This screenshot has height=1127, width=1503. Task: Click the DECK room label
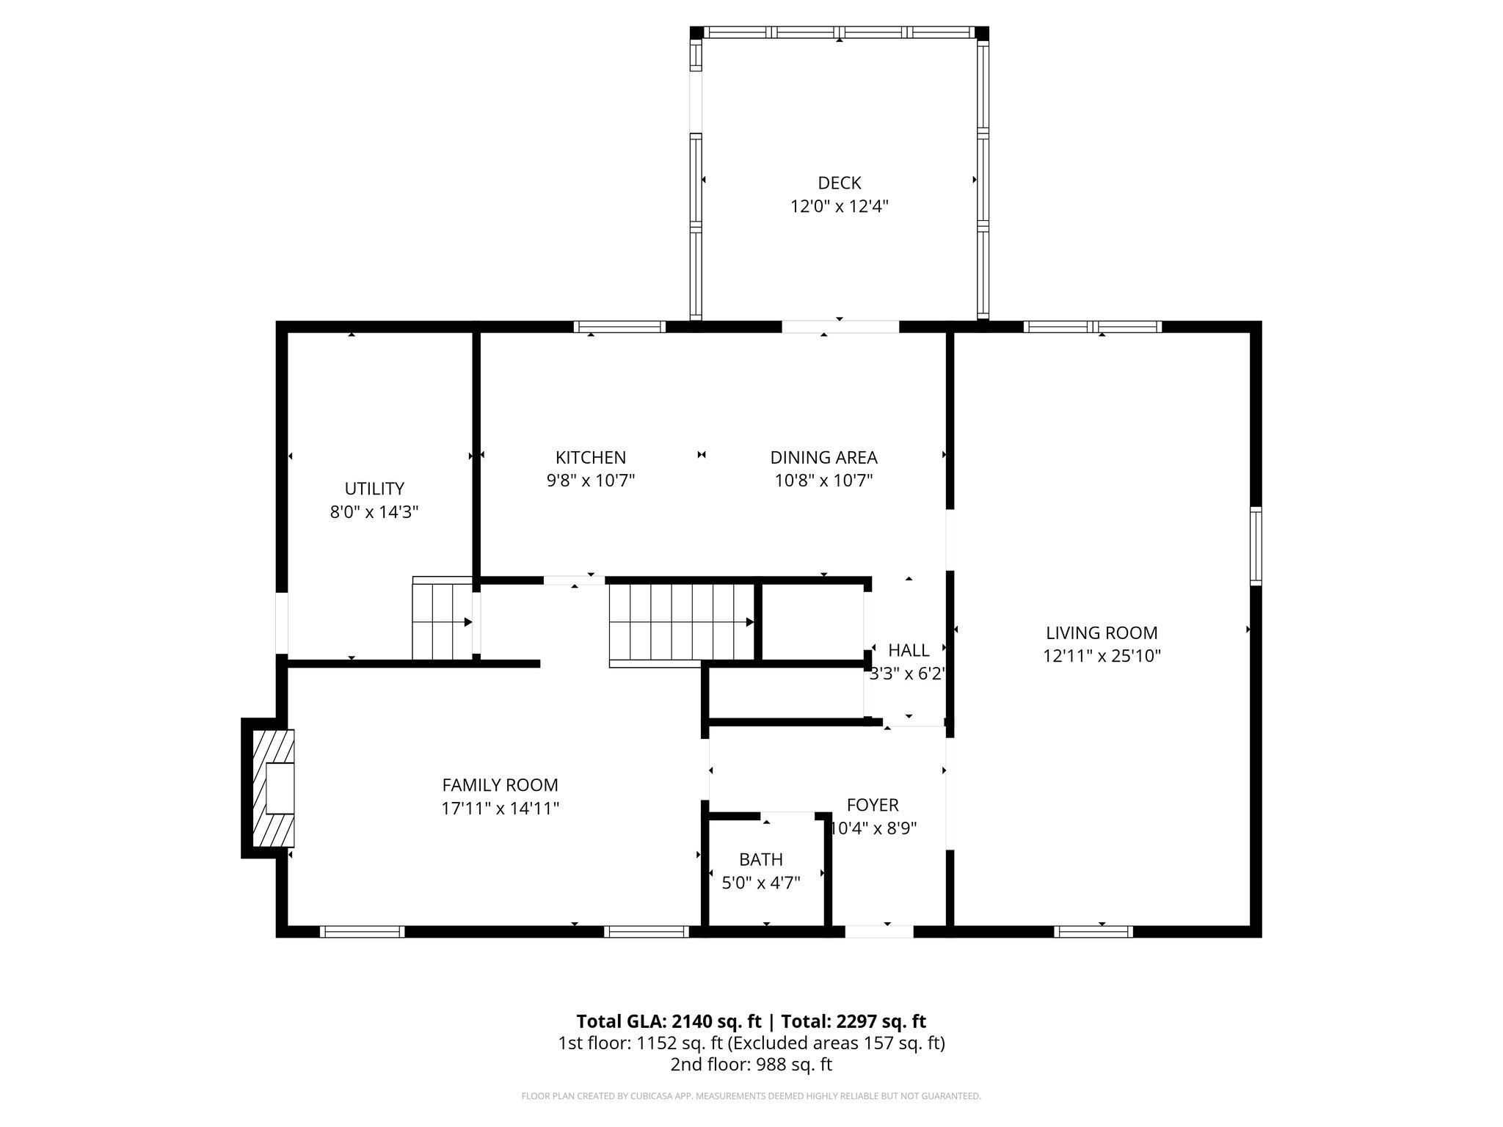point(839,183)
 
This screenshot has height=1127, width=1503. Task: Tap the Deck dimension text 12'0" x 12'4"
point(839,206)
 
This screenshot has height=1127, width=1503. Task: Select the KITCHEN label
point(590,457)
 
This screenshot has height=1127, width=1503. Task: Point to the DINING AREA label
point(823,457)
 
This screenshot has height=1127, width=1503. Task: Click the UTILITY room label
point(374,488)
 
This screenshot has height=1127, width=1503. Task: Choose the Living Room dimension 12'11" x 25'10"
point(1102,656)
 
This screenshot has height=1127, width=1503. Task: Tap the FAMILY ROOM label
point(500,785)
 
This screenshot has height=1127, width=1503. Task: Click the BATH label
point(760,859)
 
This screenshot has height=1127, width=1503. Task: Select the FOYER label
point(872,805)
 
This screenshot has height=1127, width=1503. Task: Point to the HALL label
point(909,650)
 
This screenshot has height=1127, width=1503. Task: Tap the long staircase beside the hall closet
point(682,621)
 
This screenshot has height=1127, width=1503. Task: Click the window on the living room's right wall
point(1256,545)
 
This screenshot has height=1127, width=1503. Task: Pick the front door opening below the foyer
point(878,932)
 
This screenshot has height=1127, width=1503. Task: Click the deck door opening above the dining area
point(840,327)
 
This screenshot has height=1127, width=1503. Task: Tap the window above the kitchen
point(619,327)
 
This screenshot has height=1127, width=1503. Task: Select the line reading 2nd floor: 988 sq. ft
point(751,1065)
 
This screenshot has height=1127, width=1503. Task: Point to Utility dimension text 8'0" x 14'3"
point(374,511)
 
